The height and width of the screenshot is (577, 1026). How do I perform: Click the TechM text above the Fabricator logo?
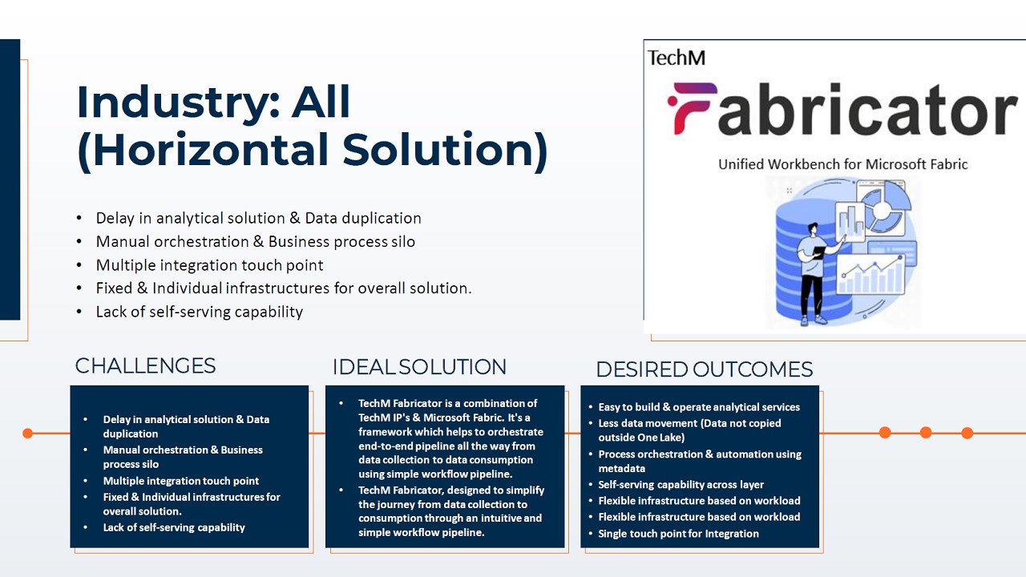[676, 59]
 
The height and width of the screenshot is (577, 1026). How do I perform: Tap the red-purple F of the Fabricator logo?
[692, 108]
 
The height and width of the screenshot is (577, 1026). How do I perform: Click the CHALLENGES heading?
[145, 366]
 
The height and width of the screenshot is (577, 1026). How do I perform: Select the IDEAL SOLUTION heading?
[419, 367]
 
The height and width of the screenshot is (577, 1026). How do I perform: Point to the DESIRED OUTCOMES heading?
[705, 369]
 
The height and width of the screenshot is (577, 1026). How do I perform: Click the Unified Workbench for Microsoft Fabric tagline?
[842, 164]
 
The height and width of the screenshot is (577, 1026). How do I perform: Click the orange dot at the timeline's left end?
[27, 434]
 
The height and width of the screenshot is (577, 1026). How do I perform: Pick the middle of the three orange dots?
[926, 433]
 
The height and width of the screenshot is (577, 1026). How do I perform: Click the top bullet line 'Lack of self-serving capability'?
[200, 312]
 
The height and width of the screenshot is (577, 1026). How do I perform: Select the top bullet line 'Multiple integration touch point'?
[209, 265]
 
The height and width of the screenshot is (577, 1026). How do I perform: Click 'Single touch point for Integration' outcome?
[678, 534]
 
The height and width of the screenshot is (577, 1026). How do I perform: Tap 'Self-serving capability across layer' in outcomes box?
[681, 485]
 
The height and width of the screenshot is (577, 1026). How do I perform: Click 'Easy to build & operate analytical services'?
[699, 407]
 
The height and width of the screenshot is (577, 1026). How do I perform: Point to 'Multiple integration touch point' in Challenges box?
[181, 481]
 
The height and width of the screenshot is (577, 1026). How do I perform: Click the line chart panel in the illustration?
[870, 274]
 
